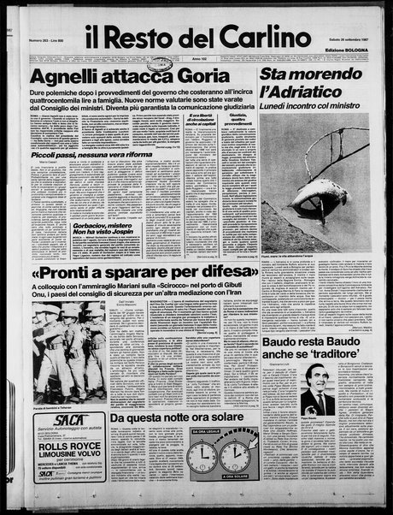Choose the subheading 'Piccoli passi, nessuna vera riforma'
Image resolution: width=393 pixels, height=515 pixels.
click(x=83, y=156)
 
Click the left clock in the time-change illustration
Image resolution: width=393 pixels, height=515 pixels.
click(x=202, y=456)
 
